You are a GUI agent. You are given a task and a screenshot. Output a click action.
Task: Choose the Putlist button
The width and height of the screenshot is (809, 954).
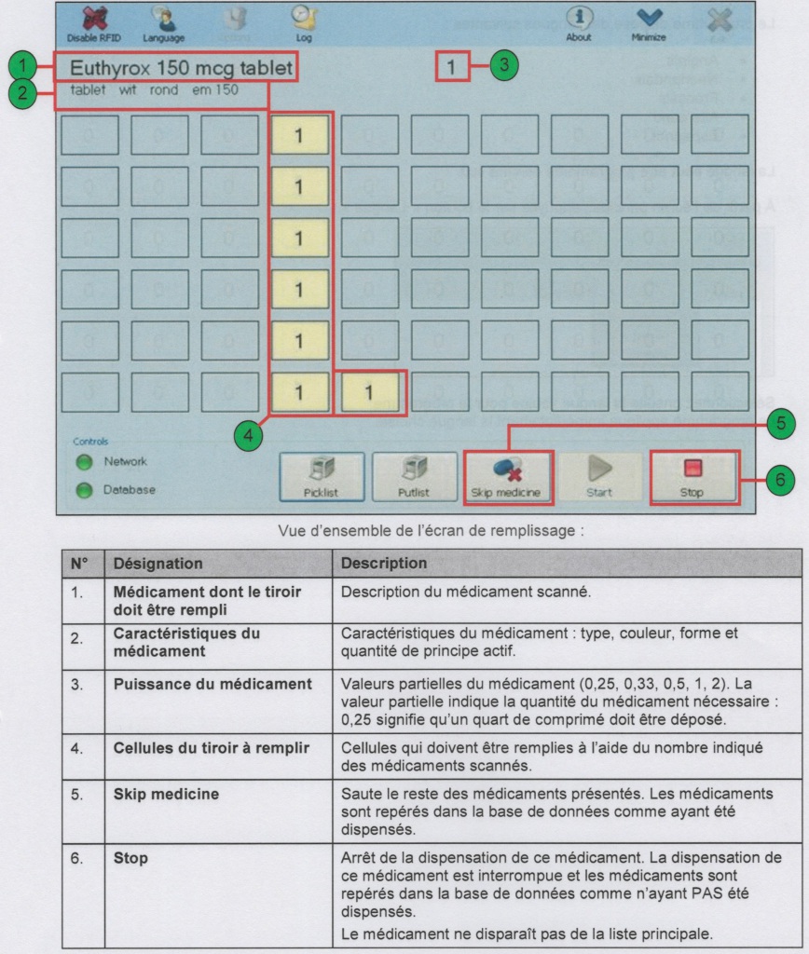(414, 476)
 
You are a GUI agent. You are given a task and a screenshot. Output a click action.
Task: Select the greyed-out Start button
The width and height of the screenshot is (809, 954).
(599, 476)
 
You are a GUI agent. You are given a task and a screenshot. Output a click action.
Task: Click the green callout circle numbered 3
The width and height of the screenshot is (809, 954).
(504, 66)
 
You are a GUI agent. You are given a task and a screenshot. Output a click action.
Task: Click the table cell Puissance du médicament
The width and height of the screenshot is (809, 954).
(213, 685)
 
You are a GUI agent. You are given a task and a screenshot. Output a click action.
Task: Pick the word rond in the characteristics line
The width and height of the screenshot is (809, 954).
(164, 90)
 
